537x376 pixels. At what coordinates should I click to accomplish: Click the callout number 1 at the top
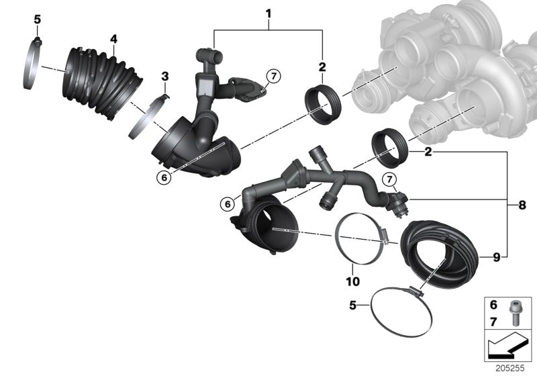point(268,13)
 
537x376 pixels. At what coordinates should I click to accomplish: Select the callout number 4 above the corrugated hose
point(113,39)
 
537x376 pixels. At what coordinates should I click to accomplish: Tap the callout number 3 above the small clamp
point(165,78)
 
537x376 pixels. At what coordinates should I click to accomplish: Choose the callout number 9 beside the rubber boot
point(495,256)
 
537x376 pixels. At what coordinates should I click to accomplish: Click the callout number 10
point(354,281)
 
